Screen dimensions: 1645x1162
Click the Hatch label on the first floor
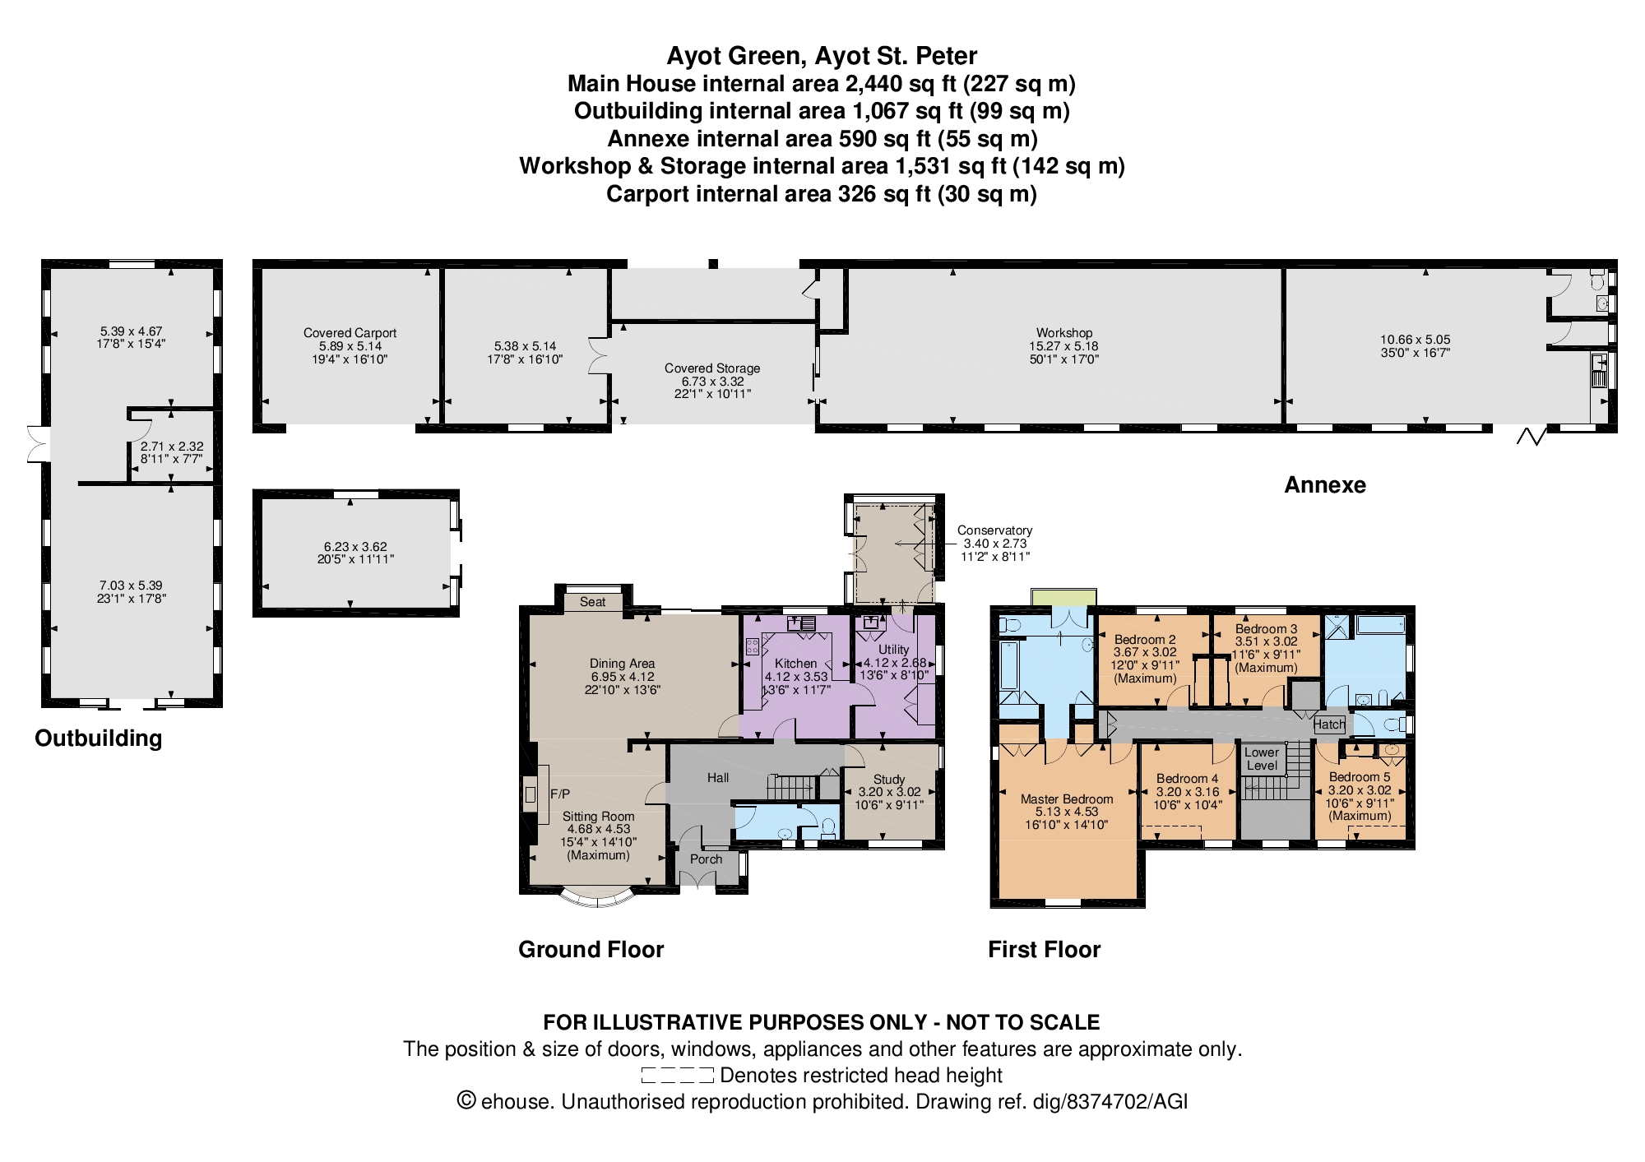pos(1329,725)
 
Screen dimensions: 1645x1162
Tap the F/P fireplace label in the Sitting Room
pos(560,794)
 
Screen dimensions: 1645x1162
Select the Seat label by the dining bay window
pos(592,602)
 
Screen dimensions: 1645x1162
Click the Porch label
pos(706,859)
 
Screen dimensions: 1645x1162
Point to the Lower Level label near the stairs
pos(1262,758)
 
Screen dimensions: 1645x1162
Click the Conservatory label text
pos(994,530)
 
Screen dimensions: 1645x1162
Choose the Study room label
pos(889,779)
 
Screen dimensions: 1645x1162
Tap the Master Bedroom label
pos(1067,799)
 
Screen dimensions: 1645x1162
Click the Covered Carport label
pos(350,333)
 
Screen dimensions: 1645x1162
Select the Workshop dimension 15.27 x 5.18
pos(1064,346)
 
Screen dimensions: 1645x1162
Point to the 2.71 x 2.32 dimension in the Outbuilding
pos(171,447)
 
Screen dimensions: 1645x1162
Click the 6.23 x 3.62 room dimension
pos(355,547)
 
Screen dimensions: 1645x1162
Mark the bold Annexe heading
pos(1325,485)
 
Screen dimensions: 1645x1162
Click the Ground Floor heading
pos(591,950)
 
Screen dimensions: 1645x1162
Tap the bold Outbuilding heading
pos(98,738)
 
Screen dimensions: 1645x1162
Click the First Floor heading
pos(1044,950)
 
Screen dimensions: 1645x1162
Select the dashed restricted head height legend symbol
pos(677,1075)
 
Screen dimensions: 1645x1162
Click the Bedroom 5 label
pos(1360,777)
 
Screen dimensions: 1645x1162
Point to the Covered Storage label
pos(712,368)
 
